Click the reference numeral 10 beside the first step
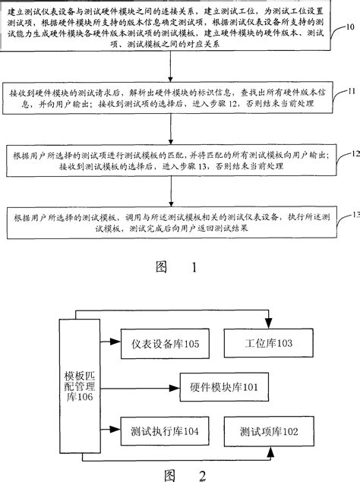click(x=349, y=27)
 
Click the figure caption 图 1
click(x=175, y=267)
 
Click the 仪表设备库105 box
click(x=159, y=345)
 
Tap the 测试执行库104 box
click(x=159, y=432)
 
